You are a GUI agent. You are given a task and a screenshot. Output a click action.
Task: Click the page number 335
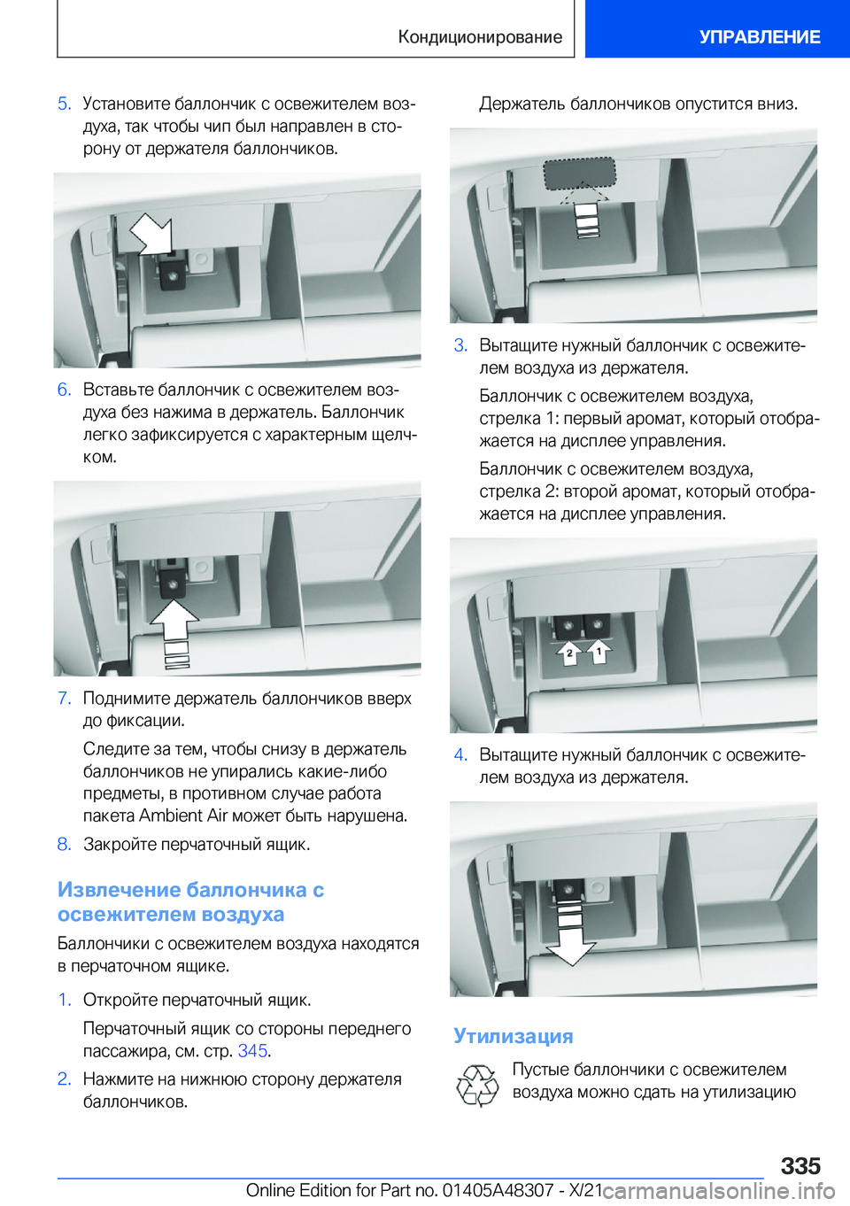(800, 1165)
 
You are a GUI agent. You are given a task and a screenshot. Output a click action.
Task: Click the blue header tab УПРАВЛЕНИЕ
(759, 37)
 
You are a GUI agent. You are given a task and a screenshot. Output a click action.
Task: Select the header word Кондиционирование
(480, 37)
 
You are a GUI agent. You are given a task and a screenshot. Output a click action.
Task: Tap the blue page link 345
(252, 1051)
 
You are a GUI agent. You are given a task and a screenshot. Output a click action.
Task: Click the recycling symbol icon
(477, 1086)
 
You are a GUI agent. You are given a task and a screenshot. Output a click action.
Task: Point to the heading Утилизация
(513, 1036)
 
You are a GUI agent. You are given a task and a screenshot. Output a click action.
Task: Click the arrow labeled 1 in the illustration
(599, 652)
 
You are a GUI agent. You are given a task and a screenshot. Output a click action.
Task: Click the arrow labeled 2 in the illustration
(568, 653)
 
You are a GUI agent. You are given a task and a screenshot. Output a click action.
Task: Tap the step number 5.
(64, 104)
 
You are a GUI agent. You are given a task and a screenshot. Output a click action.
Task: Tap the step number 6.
(64, 390)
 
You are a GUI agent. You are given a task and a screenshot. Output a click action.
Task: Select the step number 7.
(64, 699)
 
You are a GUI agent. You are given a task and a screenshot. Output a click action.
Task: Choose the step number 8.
(64, 845)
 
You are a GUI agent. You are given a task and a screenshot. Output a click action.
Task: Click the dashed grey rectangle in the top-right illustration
(579, 174)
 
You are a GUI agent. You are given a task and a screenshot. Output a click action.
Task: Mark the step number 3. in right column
(460, 345)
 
